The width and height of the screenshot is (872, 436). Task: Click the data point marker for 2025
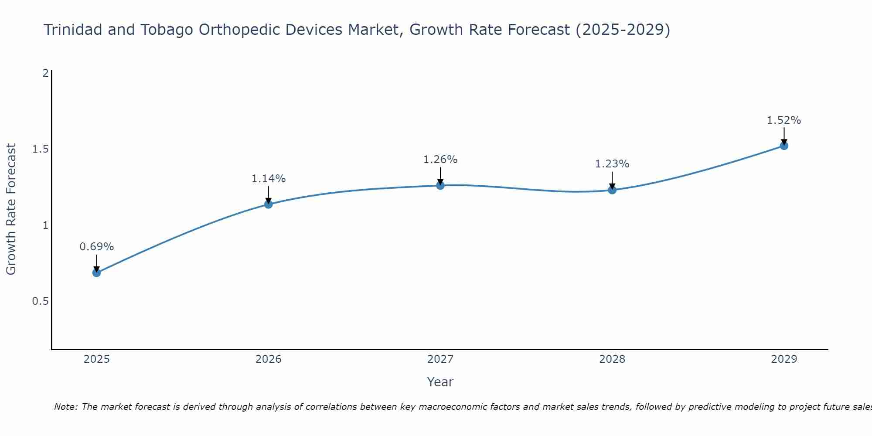(x=96, y=273)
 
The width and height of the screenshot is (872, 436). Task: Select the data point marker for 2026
(x=269, y=204)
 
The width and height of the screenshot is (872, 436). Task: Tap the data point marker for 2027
(x=440, y=185)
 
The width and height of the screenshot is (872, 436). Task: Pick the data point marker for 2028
(x=612, y=190)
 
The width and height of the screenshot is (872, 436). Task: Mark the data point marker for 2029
(x=784, y=146)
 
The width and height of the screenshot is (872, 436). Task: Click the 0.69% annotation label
(x=96, y=247)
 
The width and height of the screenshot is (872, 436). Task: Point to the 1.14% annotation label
(x=269, y=179)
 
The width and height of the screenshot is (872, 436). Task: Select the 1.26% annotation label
(x=440, y=160)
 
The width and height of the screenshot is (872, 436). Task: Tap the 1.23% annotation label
(x=612, y=164)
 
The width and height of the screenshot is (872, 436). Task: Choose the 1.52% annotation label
(x=784, y=120)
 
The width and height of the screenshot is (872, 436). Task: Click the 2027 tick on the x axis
(x=440, y=359)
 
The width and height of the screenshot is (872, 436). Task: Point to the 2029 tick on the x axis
(x=784, y=359)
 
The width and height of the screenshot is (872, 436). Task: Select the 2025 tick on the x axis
(x=96, y=359)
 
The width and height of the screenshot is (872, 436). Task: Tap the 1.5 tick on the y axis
(x=40, y=149)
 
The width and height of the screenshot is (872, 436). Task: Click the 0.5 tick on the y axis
(x=40, y=301)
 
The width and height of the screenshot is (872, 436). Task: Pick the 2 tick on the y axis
(x=45, y=73)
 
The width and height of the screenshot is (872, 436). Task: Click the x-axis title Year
(x=440, y=382)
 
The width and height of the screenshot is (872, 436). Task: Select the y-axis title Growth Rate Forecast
(x=11, y=209)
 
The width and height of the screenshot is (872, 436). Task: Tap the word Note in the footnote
(x=65, y=407)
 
